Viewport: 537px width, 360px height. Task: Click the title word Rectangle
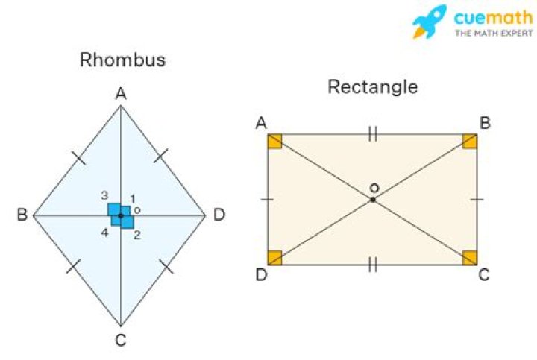click(372, 87)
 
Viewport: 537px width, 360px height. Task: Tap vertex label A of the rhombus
click(120, 94)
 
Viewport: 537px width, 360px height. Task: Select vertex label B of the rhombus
click(22, 215)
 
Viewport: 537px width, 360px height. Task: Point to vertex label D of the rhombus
click(219, 215)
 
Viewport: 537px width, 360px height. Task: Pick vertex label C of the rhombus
click(120, 341)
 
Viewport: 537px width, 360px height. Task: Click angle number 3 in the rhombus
click(105, 196)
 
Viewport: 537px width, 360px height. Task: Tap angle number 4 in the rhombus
click(105, 233)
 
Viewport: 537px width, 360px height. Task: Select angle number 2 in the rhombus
click(137, 235)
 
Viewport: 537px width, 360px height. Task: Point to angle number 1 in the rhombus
click(133, 198)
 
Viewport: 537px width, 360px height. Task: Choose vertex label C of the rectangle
click(484, 275)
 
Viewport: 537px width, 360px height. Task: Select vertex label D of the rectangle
click(261, 275)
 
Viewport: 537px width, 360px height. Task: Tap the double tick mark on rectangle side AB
click(373, 134)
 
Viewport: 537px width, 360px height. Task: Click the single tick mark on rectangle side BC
click(477, 200)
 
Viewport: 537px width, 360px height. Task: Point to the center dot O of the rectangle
click(373, 200)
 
